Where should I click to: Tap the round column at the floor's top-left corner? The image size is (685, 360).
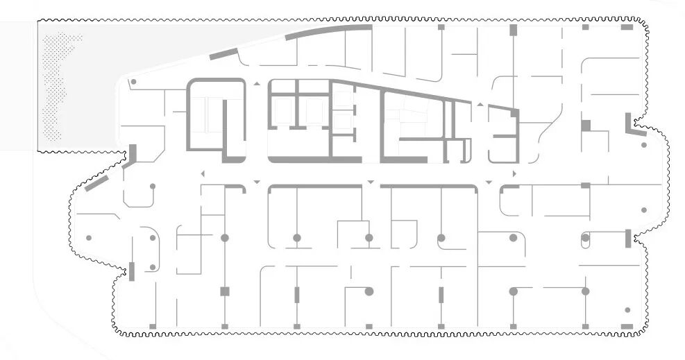point(133,82)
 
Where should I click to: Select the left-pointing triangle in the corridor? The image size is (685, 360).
point(202,173)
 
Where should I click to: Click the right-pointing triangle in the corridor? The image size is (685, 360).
point(514,173)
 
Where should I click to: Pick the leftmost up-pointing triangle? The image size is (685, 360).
point(257,84)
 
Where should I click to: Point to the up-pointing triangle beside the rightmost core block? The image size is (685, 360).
point(480,104)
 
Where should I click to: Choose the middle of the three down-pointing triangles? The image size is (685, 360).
point(371,182)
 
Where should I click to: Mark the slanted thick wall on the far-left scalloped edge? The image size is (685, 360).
point(97,183)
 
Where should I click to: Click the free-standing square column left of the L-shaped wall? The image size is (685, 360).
point(585,126)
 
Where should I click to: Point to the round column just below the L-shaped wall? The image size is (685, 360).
point(644,146)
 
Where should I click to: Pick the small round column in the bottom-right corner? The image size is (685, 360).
point(627,310)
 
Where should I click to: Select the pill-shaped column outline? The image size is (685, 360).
point(585,238)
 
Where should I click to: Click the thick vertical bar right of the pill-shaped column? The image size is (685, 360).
point(628,238)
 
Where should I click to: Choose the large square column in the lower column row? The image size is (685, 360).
point(224,291)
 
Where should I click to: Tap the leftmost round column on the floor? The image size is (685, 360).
point(88,238)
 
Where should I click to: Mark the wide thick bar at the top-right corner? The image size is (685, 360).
point(627,27)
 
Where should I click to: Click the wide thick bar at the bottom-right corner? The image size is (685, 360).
point(627,326)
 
